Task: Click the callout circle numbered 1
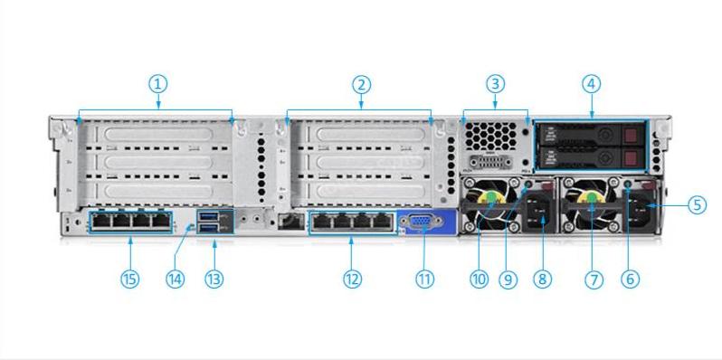pyautogui.click(x=157, y=84)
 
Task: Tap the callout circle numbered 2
pyautogui.click(x=361, y=85)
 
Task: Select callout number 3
pyautogui.click(x=494, y=85)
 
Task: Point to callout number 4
pyautogui.click(x=592, y=85)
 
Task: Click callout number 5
pyautogui.click(x=697, y=204)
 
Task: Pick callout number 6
pyautogui.click(x=631, y=279)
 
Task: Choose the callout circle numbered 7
pyautogui.click(x=594, y=279)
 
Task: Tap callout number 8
pyautogui.click(x=542, y=279)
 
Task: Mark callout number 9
pyautogui.click(x=508, y=279)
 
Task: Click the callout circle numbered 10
pyautogui.click(x=480, y=279)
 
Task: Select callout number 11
pyautogui.click(x=423, y=279)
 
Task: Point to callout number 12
pyautogui.click(x=352, y=279)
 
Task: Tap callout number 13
pyautogui.click(x=213, y=279)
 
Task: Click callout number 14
pyautogui.click(x=176, y=279)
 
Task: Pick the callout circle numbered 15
pyautogui.click(x=130, y=279)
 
